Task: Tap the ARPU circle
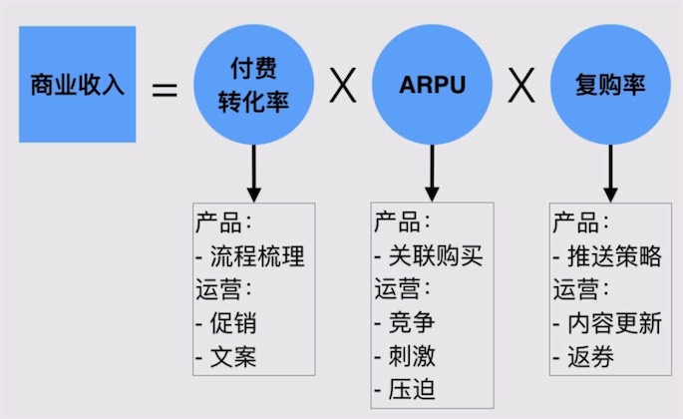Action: click(431, 85)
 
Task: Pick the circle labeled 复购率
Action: click(609, 85)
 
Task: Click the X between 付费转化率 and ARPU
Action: click(342, 87)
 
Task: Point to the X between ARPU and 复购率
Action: click(519, 87)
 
